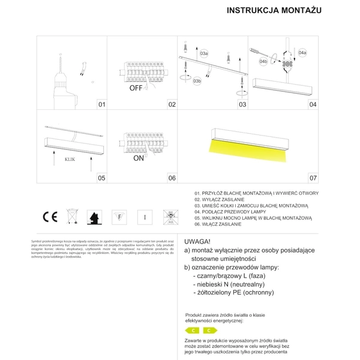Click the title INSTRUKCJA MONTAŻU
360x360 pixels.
[274, 11]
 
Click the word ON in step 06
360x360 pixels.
[138, 159]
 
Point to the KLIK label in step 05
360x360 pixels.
[69, 160]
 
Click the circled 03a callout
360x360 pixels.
[204, 54]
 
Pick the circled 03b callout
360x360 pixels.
[197, 82]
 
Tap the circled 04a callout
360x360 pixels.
[302, 53]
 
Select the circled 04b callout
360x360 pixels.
[263, 61]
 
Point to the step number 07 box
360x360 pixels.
[313, 178]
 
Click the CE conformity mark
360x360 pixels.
[49, 217]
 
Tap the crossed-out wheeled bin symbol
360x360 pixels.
[71, 217]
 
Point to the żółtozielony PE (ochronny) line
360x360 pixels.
[234, 292]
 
